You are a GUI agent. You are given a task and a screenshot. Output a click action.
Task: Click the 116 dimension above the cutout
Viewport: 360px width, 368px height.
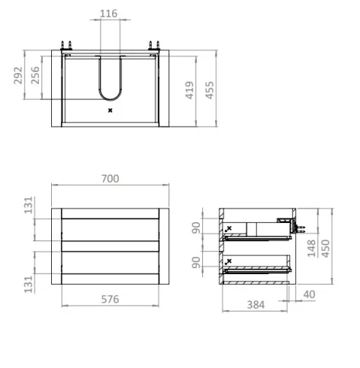click(x=109, y=14)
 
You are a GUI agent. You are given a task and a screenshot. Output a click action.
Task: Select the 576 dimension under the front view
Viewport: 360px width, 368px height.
click(x=110, y=299)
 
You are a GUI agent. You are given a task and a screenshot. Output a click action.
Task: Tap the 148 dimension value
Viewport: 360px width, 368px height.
click(x=311, y=249)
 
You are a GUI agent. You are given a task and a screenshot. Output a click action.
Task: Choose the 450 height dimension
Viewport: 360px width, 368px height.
click(x=326, y=249)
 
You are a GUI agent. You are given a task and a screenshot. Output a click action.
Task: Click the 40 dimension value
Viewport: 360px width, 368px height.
click(x=308, y=294)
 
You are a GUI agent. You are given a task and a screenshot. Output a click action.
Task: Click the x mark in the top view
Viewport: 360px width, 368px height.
click(x=110, y=111)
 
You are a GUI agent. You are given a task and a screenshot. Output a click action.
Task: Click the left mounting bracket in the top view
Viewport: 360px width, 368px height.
click(x=65, y=46)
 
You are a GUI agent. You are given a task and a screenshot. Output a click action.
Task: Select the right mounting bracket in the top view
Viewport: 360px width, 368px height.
click(x=155, y=46)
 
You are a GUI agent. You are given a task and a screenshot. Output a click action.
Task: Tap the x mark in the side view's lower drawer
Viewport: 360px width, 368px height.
click(x=228, y=262)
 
